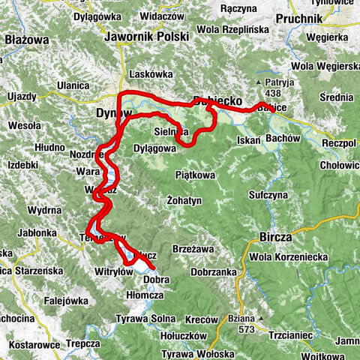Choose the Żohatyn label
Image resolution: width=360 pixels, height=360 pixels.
[185, 202]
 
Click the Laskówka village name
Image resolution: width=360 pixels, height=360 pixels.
[151, 74]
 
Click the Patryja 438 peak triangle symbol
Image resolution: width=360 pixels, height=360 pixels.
[260, 82]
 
